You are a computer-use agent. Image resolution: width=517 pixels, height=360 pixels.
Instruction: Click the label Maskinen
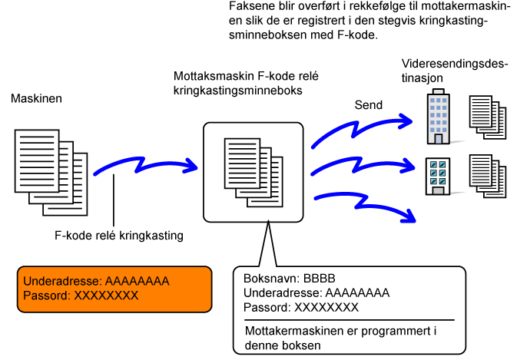click(35, 99)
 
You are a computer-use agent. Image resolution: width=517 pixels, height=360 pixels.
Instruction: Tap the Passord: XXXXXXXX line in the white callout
click(301, 307)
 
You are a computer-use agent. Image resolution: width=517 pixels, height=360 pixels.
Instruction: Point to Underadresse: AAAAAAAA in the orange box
click(96, 281)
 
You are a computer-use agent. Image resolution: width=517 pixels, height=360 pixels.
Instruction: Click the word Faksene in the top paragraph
click(250, 6)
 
